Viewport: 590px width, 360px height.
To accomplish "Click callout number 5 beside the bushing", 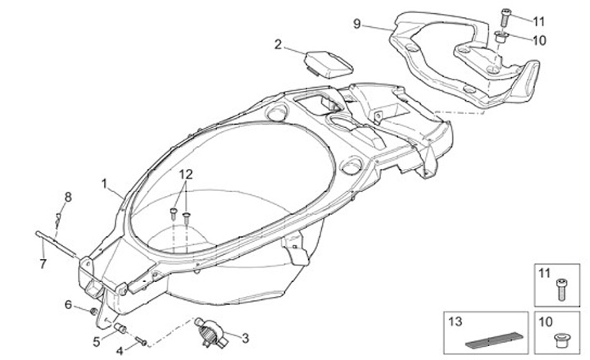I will pyautogui.click(x=95, y=340).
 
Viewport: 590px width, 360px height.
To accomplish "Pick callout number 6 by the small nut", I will pyautogui.click(x=69, y=305).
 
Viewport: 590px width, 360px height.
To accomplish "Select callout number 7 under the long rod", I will pyautogui.click(x=43, y=263).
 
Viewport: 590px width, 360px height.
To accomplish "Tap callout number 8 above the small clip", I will pyautogui.click(x=68, y=196).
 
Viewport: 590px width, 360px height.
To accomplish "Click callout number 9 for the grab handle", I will pyautogui.click(x=356, y=24).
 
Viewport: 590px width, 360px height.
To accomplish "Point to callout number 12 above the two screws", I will pyautogui.click(x=186, y=175).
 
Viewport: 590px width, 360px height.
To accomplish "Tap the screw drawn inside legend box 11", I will pyautogui.click(x=562, y=286).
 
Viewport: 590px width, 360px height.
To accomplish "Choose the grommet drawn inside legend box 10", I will pyautogui.click(x=562, y=338).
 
